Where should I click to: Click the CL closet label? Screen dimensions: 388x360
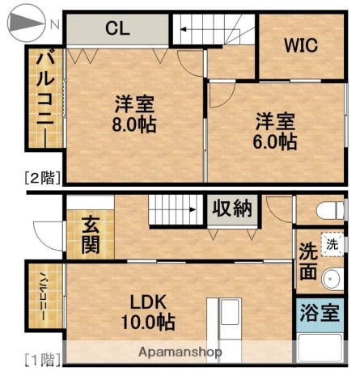click(x=117, y=29)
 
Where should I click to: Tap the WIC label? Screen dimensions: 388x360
click(x=300, y=44)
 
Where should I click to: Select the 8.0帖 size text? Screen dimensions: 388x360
click(x=134, y=125)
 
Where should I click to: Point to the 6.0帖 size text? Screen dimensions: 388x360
click(x=276, y=141)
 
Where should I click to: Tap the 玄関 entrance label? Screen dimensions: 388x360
click(x=91, y=233)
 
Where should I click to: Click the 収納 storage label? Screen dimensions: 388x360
click(x=231, y=208)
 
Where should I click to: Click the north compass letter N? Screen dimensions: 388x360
click(x=54, y=25)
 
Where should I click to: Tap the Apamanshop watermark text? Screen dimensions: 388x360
click(x=180, y=352)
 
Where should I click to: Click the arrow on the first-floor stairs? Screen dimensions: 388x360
click(x=190, y=209)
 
